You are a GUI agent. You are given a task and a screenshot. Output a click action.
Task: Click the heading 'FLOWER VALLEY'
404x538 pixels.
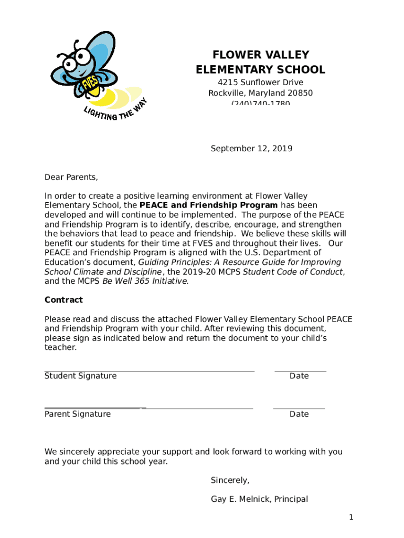(260, 55)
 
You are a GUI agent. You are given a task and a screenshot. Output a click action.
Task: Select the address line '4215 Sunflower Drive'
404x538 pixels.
(260, 82)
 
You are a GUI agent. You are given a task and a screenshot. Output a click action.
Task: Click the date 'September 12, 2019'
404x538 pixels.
(251, 149)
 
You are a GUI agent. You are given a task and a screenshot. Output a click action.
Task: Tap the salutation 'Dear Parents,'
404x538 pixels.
(71, 177)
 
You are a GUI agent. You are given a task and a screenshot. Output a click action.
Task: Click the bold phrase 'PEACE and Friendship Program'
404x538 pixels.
(208, 205)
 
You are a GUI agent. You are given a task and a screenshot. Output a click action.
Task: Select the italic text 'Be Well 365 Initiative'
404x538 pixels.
(144, 281)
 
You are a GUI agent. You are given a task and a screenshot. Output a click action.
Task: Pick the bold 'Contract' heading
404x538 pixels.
(63, 300)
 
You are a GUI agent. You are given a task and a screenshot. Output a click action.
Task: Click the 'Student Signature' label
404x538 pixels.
(80, 376)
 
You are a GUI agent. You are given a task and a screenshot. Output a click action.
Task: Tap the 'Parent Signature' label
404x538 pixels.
(78, 414)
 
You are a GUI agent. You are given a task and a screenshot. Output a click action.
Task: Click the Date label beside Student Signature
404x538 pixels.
(299, 376)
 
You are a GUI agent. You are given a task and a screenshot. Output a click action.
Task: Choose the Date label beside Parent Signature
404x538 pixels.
(299, 414)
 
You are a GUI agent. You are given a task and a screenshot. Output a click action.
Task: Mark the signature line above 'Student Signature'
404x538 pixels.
(149, 371)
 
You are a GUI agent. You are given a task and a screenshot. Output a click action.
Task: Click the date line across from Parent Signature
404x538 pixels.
(299, 408)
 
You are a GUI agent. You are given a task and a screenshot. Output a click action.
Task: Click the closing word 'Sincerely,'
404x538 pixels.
(230, 480)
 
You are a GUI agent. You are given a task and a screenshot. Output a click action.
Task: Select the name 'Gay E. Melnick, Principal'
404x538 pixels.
(259, 499)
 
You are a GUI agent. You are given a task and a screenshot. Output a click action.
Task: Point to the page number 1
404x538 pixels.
(352, 518)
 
